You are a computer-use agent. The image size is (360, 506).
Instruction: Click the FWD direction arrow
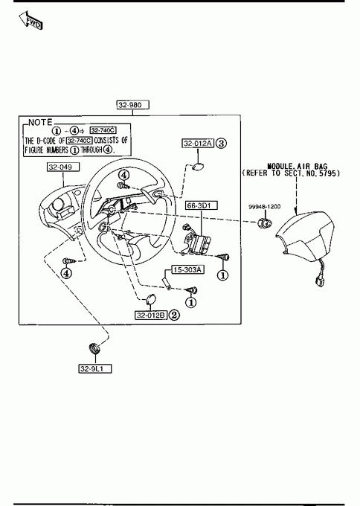[30, 20]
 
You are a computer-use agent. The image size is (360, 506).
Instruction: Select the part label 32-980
[133, 105]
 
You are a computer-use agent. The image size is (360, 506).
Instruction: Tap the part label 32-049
[63, 167]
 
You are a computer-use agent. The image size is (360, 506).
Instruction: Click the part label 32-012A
[198, 144]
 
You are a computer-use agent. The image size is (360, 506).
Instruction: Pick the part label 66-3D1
[202, 205]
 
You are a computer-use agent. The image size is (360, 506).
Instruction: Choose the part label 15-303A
[187, 269]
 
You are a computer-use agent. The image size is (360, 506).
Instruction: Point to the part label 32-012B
[151, 315]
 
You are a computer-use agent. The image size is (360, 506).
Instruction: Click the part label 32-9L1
[95, 368]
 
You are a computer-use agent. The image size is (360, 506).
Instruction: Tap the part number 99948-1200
[264, 207]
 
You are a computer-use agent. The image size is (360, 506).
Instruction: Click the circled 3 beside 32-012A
[221, 143]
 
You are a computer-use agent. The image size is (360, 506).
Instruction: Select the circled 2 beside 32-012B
[174, 315]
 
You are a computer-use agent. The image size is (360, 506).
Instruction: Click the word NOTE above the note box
[40, 122]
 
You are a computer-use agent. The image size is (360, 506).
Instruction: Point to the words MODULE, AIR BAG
[297, 167]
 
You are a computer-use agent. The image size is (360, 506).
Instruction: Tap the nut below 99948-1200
[266, 222]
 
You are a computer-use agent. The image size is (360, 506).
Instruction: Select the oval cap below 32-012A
[198, 167]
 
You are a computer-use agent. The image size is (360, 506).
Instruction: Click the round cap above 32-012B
[150, 299]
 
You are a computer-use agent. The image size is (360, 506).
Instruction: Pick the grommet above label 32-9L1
[94, 348]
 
